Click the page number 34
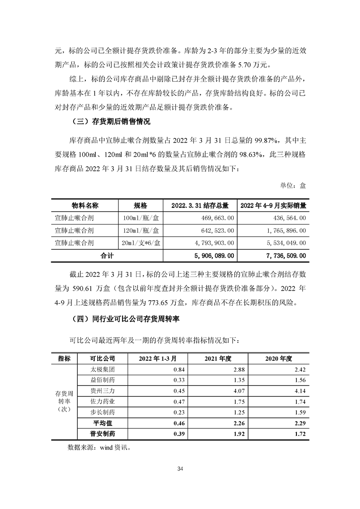(x=180, y=468)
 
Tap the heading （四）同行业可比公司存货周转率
(x=126, y=319)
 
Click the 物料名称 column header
(x=85, y=206)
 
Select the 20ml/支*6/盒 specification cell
(x=142, y=243)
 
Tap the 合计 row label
(x=108, y=256)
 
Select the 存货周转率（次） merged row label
(x=64, y=401)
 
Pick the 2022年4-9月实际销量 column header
(x=272, y=206)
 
